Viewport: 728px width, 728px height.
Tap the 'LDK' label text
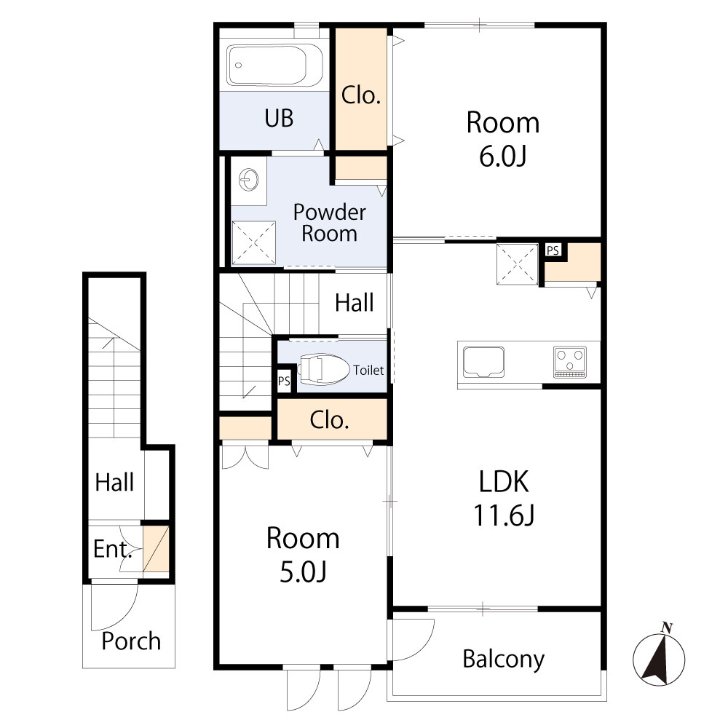[x=503, y=482]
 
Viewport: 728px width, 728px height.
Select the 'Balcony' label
[x=503, y=660]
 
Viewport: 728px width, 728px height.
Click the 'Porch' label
[x=131, y=641]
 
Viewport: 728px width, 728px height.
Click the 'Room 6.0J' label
[x=503, y=138]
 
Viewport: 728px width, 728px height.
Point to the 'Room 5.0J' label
[x=303, y=554]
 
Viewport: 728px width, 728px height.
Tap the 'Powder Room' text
[x=329, y=223]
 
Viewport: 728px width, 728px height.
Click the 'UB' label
[x=279, y=118]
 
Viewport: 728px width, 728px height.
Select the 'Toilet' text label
[x=368, y=371]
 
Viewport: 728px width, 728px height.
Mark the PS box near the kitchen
[x=553, y=250]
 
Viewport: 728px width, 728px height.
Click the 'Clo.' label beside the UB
[x=361, y=95]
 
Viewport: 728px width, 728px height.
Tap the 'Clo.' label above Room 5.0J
[x=331, y=420]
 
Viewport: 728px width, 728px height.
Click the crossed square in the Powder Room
[x=254, y=243]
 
